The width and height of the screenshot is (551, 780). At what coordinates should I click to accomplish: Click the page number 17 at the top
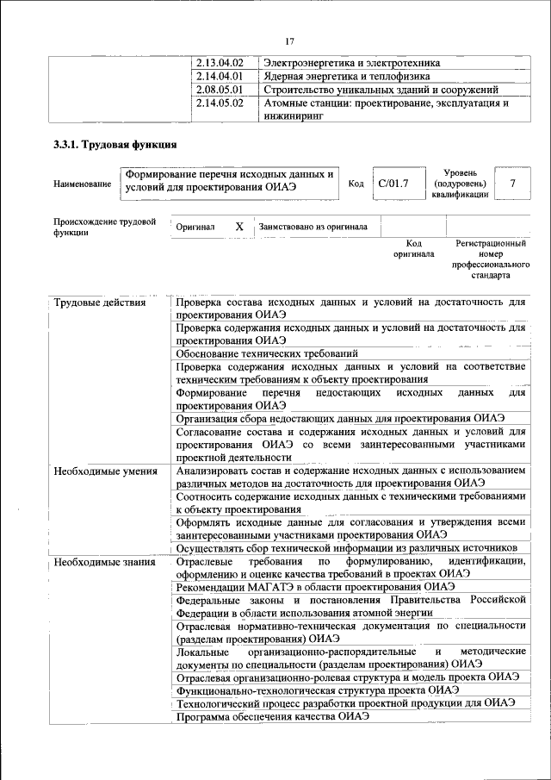[289, 41]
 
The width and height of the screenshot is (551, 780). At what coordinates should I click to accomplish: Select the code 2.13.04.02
[220, 64]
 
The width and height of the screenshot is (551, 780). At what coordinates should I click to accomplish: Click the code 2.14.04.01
[220, 77]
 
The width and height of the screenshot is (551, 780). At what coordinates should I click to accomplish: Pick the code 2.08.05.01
[220, 90]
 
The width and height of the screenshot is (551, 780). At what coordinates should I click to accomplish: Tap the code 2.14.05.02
[220, 103]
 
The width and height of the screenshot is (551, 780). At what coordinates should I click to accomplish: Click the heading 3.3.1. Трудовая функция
[115, 145]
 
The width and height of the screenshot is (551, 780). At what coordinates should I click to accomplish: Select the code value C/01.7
[393, 184]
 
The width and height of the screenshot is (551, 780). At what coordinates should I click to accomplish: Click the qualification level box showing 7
[513, 184]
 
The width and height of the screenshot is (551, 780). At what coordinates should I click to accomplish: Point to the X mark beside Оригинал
[240, 227]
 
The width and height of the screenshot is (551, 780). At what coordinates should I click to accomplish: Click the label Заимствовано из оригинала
[313, 227]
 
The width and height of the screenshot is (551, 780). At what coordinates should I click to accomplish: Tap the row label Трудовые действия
[99, 303]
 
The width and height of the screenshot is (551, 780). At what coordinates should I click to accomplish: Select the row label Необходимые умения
[105, 471]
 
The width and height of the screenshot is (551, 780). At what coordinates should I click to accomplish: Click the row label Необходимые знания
[104, 562]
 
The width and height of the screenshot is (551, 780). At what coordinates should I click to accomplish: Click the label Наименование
[82, 184]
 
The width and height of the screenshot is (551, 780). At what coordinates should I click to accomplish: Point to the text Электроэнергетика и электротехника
[352, 64]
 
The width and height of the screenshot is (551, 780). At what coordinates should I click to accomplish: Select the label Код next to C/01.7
[356, 184]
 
